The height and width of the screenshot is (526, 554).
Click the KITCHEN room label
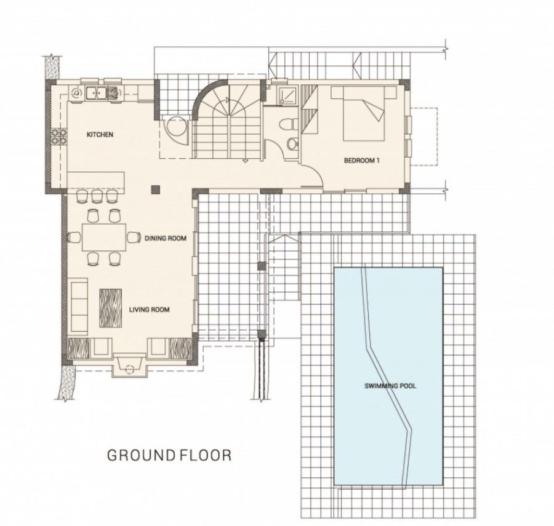tap(100, 134)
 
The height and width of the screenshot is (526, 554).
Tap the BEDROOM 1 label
tap(362, 161)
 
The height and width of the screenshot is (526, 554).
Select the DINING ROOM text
tap(165, 237)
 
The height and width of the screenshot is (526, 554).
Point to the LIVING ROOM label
tap(150, 309)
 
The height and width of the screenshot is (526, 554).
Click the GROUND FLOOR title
tap(169, 456)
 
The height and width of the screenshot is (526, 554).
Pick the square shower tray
tap(285, 94)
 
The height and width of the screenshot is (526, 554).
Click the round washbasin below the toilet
tap(291, 144)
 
